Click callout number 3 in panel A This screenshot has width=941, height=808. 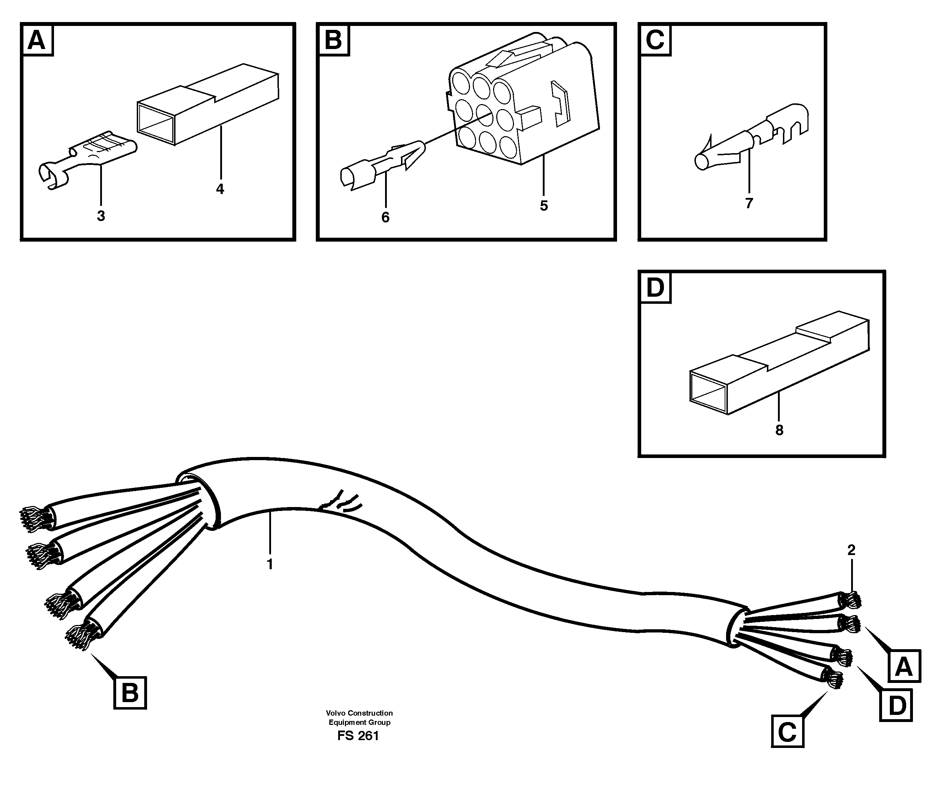(x=101, y=216)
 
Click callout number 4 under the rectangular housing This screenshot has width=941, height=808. (x=220, y=189)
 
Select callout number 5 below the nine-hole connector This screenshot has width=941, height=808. (x=543, y=206)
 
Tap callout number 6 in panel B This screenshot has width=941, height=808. (x=385, y=217)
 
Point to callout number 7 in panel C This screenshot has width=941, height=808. (x=749, y=203)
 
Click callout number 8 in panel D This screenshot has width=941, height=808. (x=779, y=430)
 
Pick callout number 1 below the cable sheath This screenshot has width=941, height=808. (x=270, y=564)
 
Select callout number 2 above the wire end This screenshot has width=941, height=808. (x=851, y=550)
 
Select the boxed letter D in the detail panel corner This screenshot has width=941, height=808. (x=655, y=288)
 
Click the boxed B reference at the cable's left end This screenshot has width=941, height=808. (x=130, y=693)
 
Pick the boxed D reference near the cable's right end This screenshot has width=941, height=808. (x=897, y=706)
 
